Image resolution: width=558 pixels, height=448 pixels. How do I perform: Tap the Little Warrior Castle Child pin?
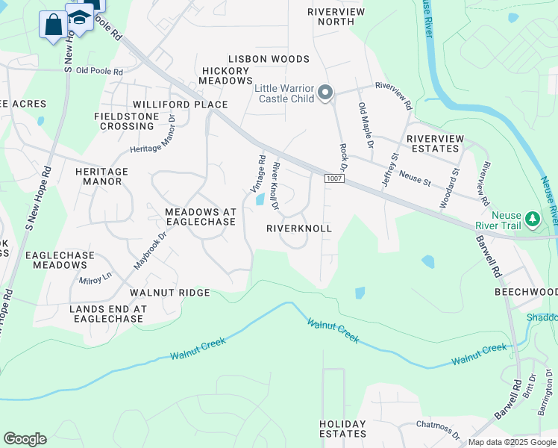pos(325,93)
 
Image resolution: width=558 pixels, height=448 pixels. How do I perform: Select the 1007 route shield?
pos(333,179)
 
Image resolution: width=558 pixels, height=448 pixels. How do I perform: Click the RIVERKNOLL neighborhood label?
pos(298,228)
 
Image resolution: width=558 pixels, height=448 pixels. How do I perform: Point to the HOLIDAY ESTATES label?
pos(343,429)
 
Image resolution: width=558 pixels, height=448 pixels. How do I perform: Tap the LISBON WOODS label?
pos(258,59)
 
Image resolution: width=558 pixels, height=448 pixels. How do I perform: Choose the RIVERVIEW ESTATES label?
pos(435,143)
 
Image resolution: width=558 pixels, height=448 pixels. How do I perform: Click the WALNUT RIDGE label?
pos(170,293)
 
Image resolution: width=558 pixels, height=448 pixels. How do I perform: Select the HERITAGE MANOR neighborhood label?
pos(101,176)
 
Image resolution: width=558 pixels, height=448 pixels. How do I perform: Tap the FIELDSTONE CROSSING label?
pos(124,121)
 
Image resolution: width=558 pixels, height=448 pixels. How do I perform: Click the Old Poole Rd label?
pos(93,70)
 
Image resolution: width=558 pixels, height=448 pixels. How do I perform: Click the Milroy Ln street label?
pos(95,277)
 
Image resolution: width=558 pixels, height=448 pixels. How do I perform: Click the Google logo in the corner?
pos(25,439)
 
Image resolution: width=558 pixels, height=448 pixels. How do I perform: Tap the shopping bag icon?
pos(54,25)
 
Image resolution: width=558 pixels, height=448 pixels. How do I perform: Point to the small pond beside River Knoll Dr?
pos(259,199)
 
